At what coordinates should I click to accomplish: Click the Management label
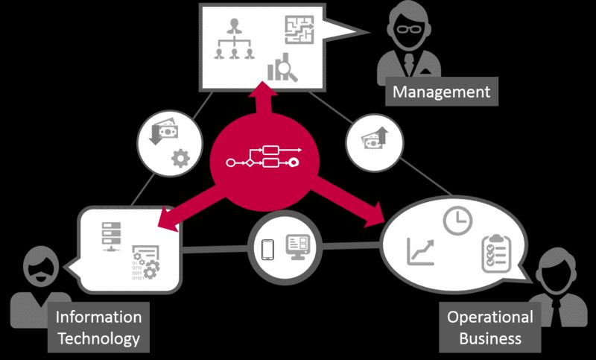tap(441, 92)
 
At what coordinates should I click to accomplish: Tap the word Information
tap(98, 317)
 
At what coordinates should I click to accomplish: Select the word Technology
tap(98, 338)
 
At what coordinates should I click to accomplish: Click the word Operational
tap(490, 317)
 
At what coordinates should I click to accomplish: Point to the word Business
tap(490, 338)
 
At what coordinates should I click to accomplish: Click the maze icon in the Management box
tap(299, 30)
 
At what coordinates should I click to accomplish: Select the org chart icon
tap(234, 39)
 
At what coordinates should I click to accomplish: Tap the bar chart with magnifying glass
tap(282, 67)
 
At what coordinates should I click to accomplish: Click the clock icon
tap(457, 221)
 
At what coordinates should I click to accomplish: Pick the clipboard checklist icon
tap(496, 253)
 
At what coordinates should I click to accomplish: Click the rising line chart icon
tap(420, 251)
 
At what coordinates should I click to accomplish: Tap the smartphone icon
tap(268, 250)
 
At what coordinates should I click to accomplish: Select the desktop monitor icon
tap(298, 247)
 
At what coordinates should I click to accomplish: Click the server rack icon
tap(111, 236)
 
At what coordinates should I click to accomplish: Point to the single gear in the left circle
tap(180, 159)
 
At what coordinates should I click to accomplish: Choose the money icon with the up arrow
tap(375, 138)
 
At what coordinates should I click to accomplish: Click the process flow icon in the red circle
tap(264, 157)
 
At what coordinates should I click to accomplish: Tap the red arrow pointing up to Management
tap(262, 101)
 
